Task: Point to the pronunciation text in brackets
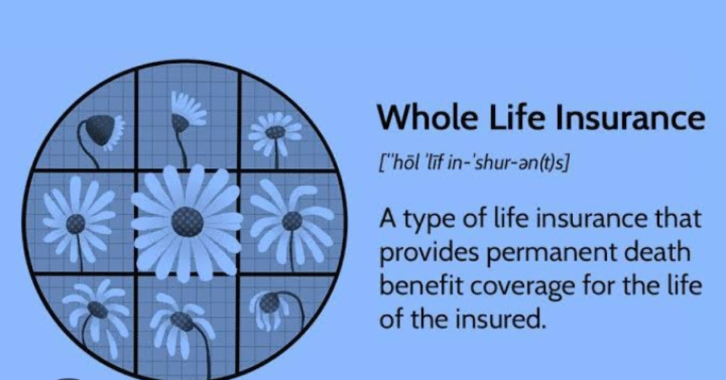(474, 163)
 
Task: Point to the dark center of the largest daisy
(187, 222)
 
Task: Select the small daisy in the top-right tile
(276, 133)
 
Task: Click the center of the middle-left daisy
(75, 224)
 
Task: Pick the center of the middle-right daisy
(292, 220)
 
